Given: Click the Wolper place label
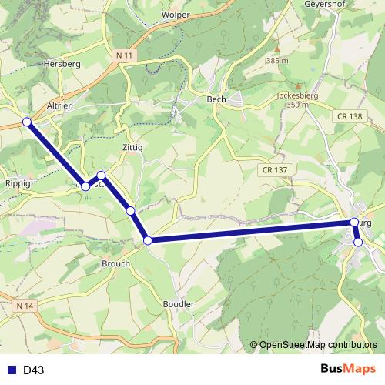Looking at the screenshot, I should pyautogui.click(x=176, y=15).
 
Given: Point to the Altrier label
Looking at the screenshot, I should pyautogui.click(x=59, y=106).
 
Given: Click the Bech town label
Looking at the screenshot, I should pyautogui.click(x=216, y=99).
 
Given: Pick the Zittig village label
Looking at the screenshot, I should pyautogui.click(x=132, y=146).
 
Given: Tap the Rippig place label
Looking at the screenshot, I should pyautogui.click(x=17, y=184).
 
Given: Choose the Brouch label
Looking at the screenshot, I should pyautogui.click(x=115, y=263).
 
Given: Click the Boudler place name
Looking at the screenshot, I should pyautogui.click(x=179, y=304).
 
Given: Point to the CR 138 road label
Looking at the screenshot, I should pyautogui.click(x=349, y=115).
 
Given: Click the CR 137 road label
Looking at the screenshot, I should pyautogui.click(x=273, y=169).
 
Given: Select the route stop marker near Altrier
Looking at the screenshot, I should pyautogui.click(x=27, y=122).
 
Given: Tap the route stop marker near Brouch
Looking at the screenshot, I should pyautogui.click(x=148, y=240).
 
